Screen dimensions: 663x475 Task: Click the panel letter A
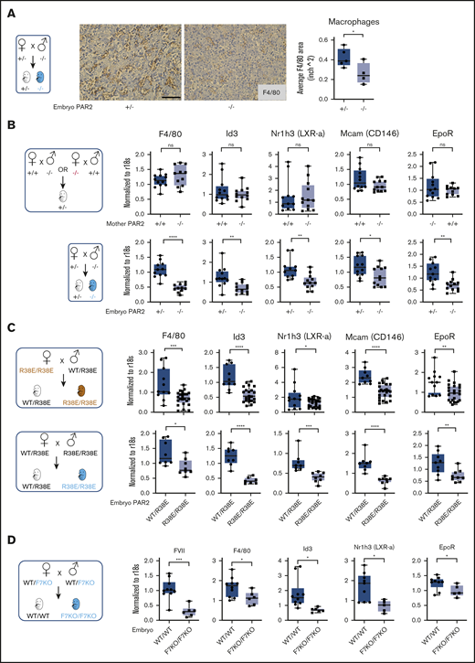(6, 6)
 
